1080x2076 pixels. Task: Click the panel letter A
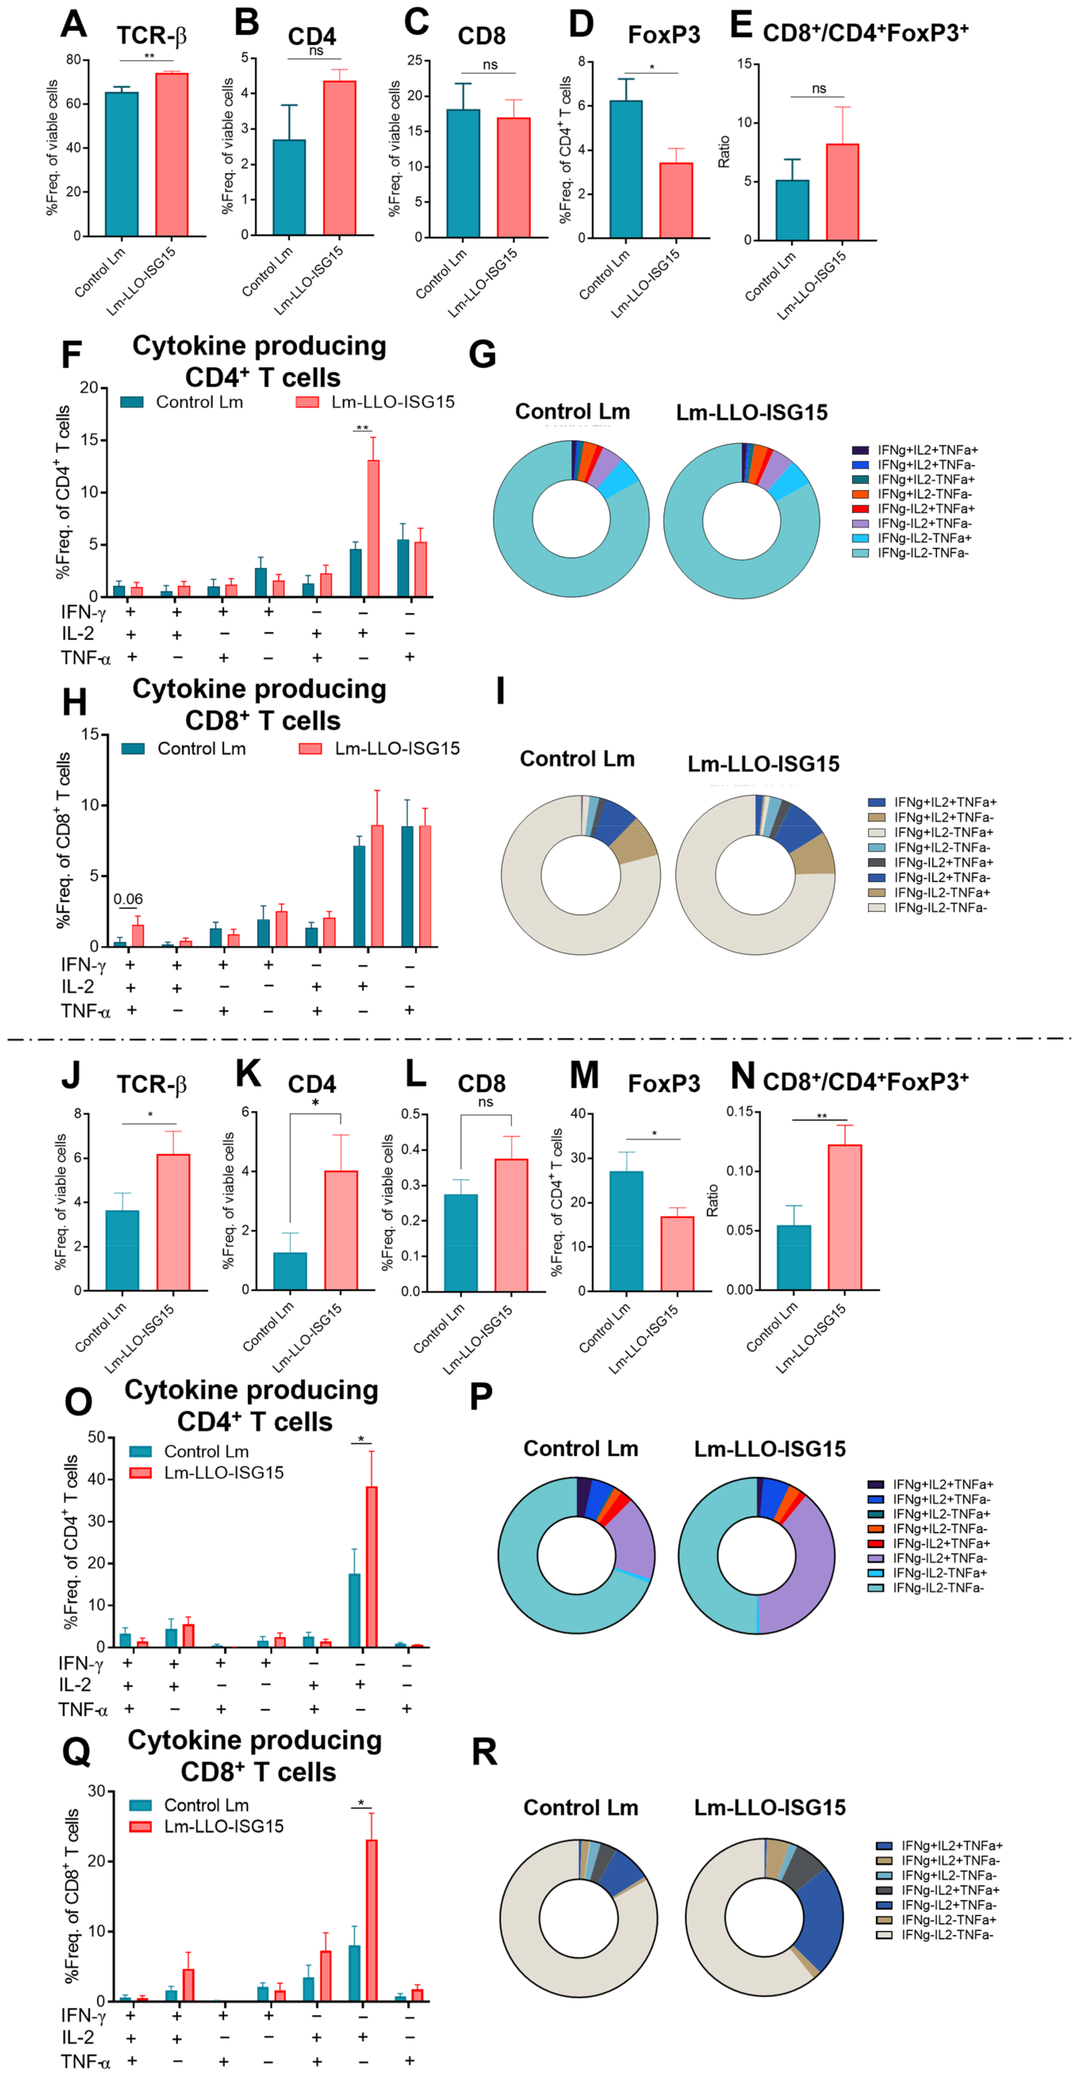point(73,24)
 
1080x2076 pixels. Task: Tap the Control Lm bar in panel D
point(626,169)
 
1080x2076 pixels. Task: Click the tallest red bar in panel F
point(373,528)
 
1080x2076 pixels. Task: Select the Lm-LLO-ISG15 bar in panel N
point(845,1217)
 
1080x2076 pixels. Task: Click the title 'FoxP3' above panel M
point(664,1084)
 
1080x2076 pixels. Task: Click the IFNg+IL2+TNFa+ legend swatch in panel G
point(860,450)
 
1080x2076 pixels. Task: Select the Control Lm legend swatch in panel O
point(141,1452)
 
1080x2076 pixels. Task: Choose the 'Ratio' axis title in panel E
point(724,152)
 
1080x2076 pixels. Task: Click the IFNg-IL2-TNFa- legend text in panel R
point(947,1935)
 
